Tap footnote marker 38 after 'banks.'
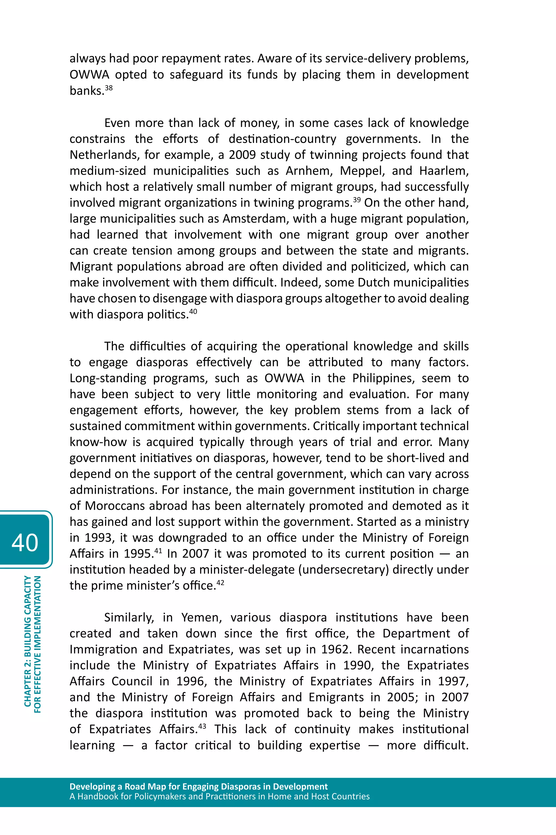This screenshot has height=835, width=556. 109,87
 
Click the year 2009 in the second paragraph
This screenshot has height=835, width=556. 242,155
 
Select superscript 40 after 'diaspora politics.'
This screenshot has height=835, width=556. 193,311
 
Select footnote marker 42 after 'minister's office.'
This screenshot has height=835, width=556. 220,582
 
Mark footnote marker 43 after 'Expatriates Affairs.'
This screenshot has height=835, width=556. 202,726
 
